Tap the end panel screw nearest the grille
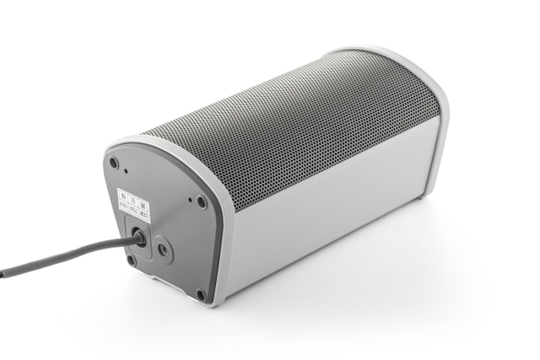pos(202,202)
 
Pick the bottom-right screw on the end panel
pos(201,295)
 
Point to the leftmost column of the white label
pos(123,203)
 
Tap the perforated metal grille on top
pos(295,126)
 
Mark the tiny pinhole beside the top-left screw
pos(127,172)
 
